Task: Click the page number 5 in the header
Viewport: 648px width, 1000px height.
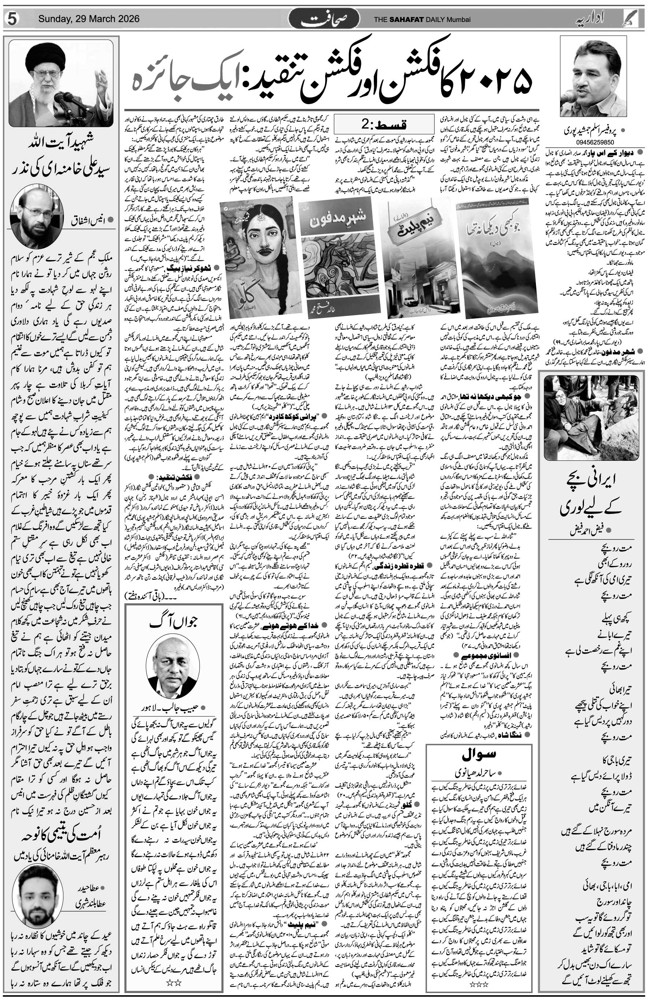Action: point(11,19)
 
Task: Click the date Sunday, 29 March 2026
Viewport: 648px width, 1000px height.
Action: point(89,19)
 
